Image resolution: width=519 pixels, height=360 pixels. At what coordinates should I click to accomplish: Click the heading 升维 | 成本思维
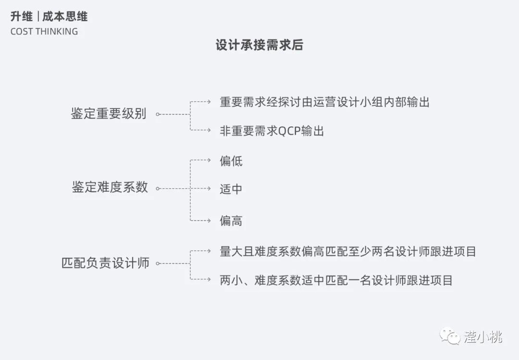49,17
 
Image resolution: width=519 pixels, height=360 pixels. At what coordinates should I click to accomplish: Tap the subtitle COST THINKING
44,32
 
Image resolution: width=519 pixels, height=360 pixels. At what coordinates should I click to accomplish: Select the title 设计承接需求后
259,45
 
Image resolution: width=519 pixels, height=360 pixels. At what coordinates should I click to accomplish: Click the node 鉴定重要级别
109,114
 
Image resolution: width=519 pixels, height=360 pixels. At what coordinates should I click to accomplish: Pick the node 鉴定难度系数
110,187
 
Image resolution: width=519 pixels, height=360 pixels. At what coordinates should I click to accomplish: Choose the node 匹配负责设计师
105,263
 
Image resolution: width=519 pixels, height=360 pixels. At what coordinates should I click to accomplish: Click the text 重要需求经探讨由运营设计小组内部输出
324,102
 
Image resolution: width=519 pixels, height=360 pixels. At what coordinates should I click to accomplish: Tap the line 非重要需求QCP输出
272,131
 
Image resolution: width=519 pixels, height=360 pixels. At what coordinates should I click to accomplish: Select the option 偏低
231,161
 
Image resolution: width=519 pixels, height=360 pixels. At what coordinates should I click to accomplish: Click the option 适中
231,189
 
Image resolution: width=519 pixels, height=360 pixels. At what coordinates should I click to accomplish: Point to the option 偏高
231,221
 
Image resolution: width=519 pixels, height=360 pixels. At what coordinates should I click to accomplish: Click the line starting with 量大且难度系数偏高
348,251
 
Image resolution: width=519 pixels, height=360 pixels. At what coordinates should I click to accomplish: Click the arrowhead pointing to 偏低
209,160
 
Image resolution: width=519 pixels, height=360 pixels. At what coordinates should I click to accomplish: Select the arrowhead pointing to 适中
209,188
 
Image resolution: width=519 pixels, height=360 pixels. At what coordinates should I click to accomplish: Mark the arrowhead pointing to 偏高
209,221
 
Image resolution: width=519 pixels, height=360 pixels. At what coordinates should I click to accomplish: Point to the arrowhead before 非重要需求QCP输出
209,130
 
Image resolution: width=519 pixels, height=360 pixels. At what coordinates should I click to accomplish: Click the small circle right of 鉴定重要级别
158,114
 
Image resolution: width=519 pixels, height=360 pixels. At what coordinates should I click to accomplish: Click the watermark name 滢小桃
483,337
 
